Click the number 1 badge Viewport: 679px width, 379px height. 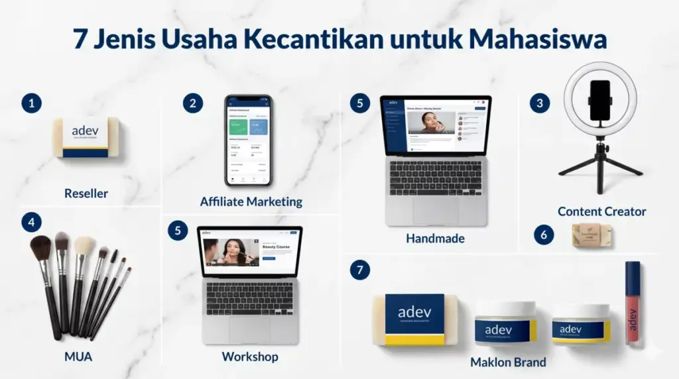[x=31, y=103]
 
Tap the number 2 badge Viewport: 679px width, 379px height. [x=193, y=103]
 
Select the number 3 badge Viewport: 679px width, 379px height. [x=540, y=103]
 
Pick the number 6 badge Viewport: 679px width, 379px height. [x=544, y=235]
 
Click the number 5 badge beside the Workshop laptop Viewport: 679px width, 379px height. [x=177, y=231]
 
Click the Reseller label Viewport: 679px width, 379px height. [x=86, y=194]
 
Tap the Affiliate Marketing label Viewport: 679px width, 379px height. [x=251, y=201]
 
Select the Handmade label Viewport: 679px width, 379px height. [x=435, y=239]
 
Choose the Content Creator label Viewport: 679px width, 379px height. [x=601, y=212]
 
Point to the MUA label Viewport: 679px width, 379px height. [x=78, y=357]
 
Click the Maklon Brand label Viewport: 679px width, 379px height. [x=508, y=362]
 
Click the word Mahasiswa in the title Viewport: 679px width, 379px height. [x=538, y=39]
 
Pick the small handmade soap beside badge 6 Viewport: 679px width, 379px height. [x=592, y=235]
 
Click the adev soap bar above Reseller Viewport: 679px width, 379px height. [x=86, y=137]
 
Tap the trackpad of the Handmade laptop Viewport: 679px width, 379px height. [x=435, y=210]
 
